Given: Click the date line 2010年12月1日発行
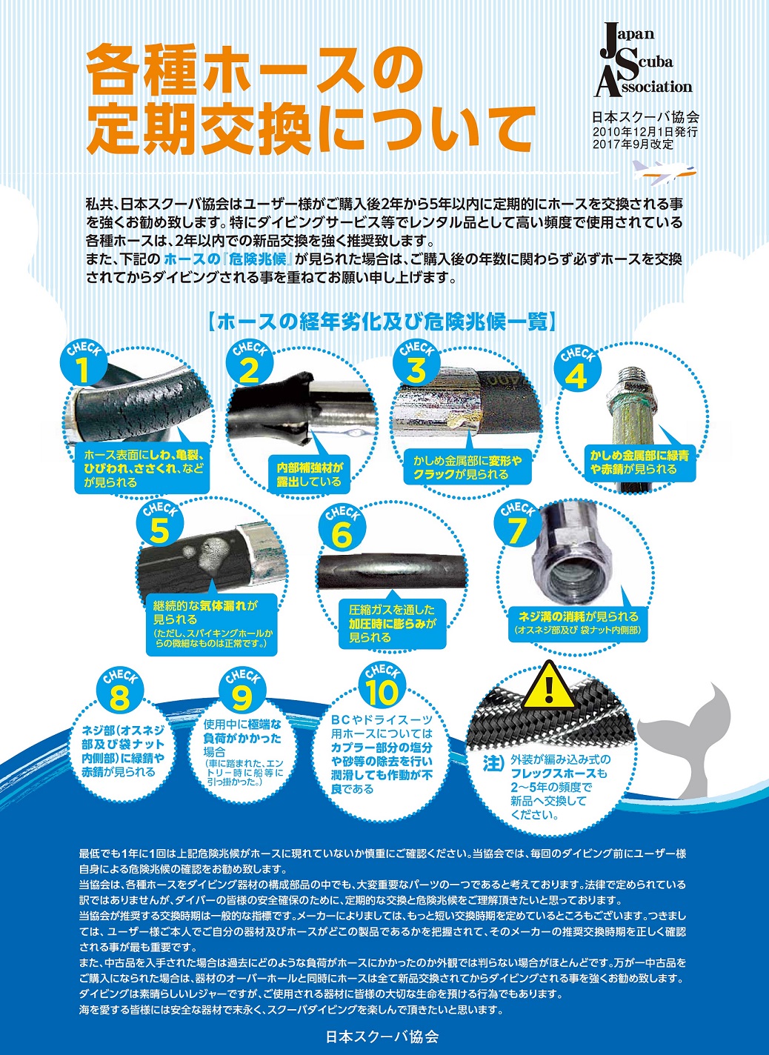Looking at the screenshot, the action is click(645, 131).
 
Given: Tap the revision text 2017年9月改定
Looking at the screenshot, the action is click(633, 144).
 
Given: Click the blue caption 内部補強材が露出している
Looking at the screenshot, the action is click(310, 474).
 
